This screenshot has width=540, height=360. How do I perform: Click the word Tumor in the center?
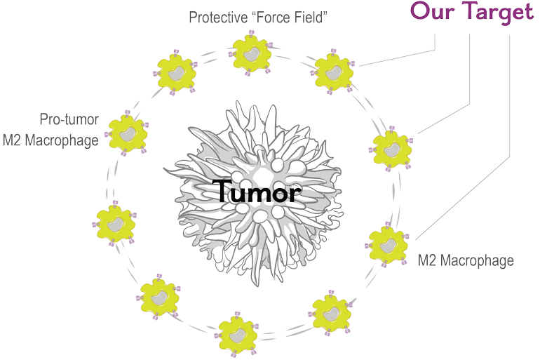255,192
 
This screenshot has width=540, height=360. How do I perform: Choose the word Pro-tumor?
69,120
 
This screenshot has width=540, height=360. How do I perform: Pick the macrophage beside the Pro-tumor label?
128,132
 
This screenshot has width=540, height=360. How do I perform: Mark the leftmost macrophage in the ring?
114,222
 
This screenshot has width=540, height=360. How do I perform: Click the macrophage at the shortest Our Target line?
334,70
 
